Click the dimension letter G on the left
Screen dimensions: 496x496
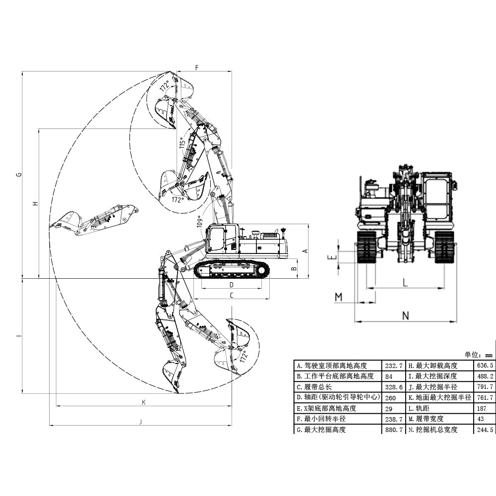coord(18,174)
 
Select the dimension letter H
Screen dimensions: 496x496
coord(35,203)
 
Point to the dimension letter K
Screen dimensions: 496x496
coord(143,402)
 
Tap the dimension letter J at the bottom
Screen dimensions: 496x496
coord(140,422)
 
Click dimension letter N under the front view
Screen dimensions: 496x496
coord(405,315)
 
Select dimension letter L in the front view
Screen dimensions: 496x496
coord(405,283)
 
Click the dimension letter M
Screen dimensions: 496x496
coord(339,297)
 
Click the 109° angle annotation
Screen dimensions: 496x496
coord(199,222)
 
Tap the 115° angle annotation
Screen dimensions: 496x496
coord(182,144)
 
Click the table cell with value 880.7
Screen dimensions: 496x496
coord(393,430)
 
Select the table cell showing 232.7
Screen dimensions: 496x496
coord(393,366)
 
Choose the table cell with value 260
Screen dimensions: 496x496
coord(391,398)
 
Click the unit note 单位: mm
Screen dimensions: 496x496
coord(478,355)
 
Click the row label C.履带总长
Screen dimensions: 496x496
coord(317,387)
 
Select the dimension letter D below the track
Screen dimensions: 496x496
coord(231,285)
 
